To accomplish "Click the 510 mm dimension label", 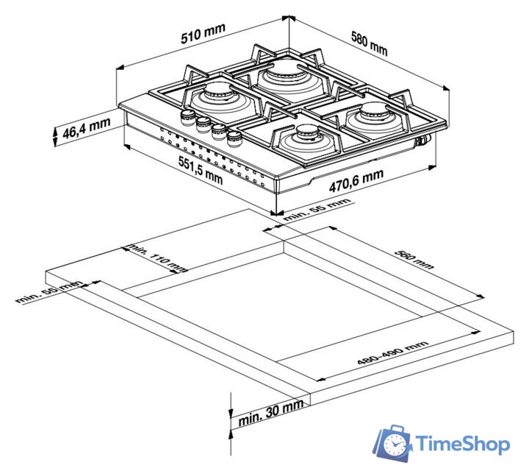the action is [203, 33].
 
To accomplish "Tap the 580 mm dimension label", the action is [369, 43].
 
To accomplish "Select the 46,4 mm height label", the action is [87, 128].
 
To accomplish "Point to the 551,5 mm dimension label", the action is [201, 171].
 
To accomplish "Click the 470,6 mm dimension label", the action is [356, 180].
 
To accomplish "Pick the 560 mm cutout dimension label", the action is [414, 260].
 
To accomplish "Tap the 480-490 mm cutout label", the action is [392, 353].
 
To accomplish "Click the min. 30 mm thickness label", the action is [270, 414].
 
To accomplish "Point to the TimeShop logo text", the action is [462, 444].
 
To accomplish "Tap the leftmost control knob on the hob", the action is [187, 118].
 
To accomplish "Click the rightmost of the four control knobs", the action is [234, 138].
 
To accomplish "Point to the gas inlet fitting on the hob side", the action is [423, 140].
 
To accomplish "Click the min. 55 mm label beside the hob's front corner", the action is [317, 210].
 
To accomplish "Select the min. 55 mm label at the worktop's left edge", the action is [49, 291].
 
